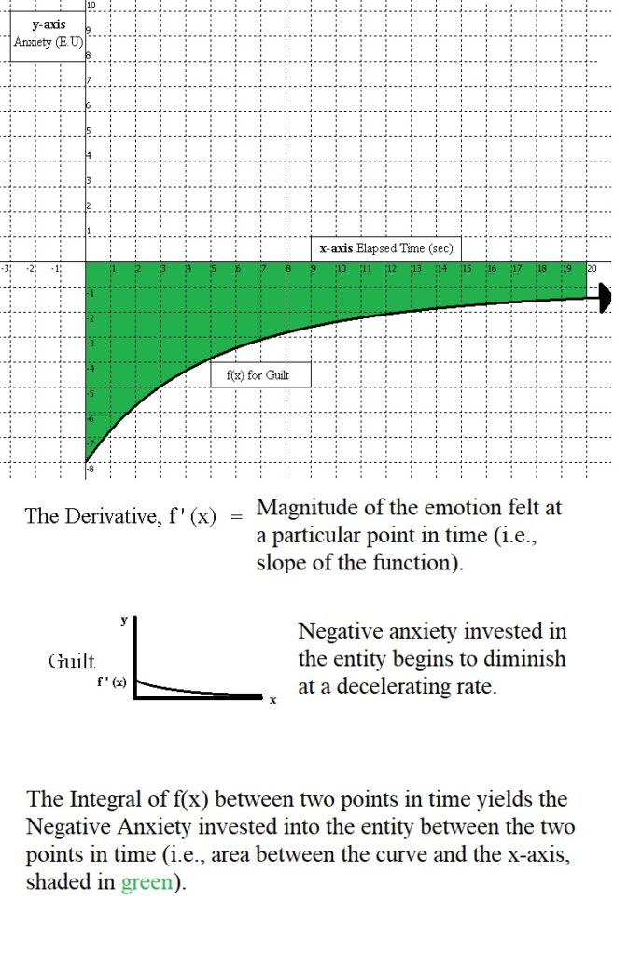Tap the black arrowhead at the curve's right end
606,299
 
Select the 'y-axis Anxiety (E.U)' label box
49,35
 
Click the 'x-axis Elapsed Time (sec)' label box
385,249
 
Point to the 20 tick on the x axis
592,269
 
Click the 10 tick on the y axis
90,7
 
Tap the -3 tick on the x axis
6,269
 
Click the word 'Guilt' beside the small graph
72,662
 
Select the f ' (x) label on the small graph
112,683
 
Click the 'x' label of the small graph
273,701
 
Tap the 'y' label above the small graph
122,619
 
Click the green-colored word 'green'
147,883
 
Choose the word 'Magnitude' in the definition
301,508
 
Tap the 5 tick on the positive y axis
89,129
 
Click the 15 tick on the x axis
466,269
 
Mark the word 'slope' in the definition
280,563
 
